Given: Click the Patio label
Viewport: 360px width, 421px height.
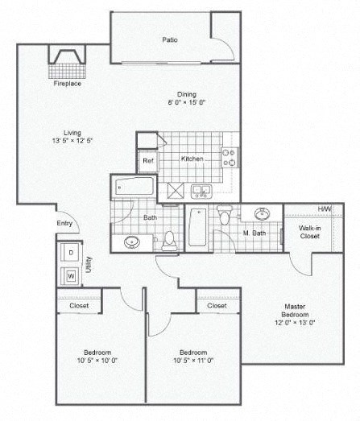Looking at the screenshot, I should pos(169,39).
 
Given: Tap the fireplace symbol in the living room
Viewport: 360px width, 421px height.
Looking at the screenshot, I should pos(68,59).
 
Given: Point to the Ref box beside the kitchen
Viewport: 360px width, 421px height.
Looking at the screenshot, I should pos(148,160).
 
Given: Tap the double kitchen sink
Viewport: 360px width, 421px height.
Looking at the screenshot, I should pos(202,191).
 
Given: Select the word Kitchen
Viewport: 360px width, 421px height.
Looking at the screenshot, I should pos(192,159).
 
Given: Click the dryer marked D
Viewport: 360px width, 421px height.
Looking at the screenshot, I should pos(71,252).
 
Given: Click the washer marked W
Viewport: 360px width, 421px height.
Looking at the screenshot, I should pos(71,276).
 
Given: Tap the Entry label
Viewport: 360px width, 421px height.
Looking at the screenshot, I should pos(64,224).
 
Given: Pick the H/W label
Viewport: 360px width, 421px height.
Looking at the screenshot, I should pos(325,209).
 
